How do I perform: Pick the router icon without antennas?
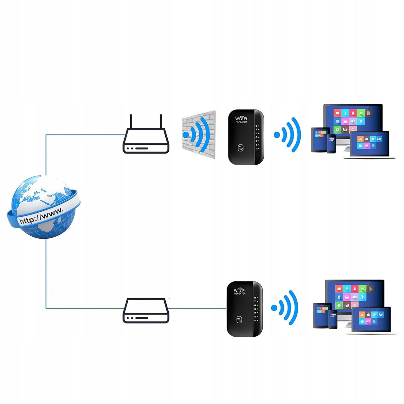coord(146,311)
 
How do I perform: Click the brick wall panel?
coord(199,135)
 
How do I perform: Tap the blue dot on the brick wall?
coord(186,135)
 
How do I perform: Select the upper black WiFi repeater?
coord(246,137)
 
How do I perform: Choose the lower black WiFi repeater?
coord(244,309)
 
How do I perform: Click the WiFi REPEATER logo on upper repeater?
coord(241,120)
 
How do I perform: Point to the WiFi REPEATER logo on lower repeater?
coord(240,291)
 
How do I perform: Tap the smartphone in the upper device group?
coord(331,144)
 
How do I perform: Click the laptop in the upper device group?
coord(369,145)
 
